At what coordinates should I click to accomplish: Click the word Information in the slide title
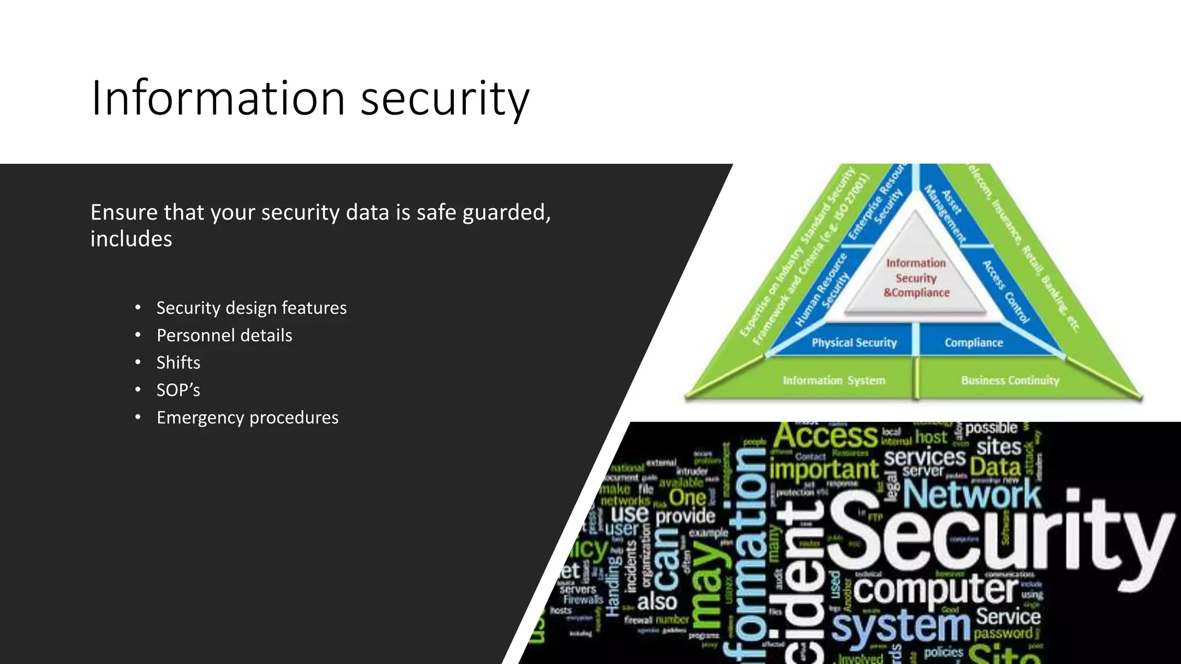(x=218, y=98)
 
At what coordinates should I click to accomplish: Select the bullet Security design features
(x=251, y=308)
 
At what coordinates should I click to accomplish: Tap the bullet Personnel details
(x=224, y=335)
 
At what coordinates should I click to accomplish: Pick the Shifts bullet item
(x=178, y=363)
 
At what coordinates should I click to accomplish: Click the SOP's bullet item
(x=178, y=390)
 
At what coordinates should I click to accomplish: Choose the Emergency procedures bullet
(x=247, y=417)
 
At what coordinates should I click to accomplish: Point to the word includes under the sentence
(x=131, y=239)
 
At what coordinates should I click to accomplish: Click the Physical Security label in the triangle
(x=854, y=343)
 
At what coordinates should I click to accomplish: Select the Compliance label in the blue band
(x=973, y=343)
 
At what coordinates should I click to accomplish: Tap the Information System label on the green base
(x=833, y=380)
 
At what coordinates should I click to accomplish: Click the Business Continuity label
(x=1010, y=380)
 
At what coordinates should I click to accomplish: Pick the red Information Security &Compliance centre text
(x=916, y=278)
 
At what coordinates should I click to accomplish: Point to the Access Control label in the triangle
(x=1005, y=292)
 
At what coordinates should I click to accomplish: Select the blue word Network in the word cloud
(x=972, y=495)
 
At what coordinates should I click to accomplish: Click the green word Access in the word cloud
(x=825, y=437)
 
